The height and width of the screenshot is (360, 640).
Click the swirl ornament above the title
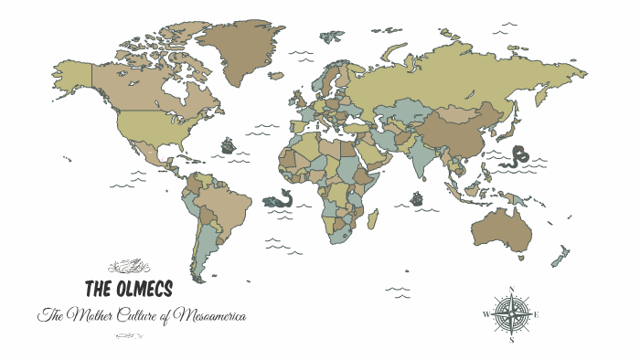128,267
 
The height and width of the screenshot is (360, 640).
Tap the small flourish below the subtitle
128,335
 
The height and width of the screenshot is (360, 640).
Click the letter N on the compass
512,291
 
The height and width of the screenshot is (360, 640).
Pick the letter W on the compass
485,316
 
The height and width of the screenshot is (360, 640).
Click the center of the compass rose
511,316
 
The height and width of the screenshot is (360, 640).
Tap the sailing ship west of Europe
228,145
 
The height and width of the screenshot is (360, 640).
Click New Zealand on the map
560,257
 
